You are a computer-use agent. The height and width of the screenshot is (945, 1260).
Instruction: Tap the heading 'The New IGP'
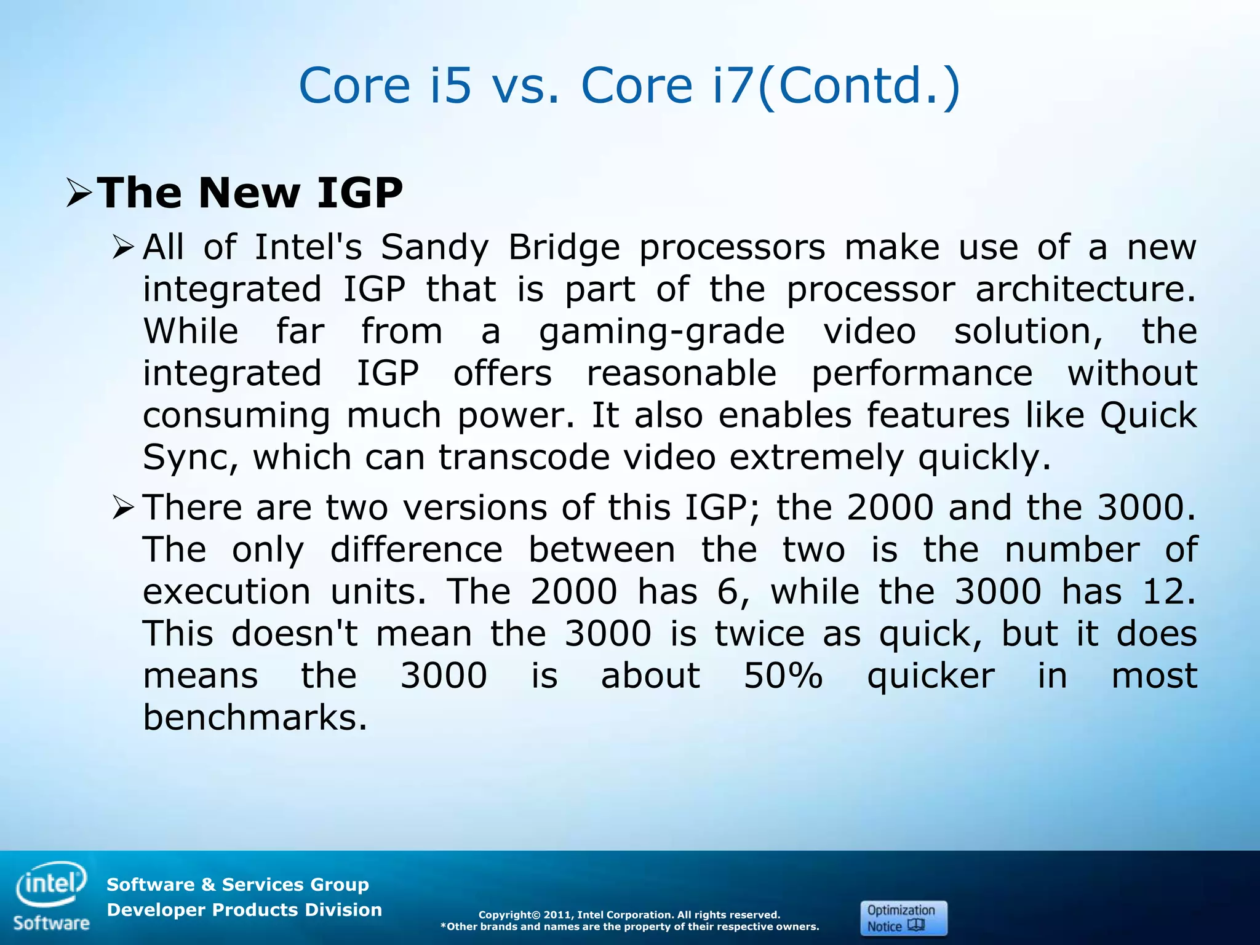[x=250, y=193]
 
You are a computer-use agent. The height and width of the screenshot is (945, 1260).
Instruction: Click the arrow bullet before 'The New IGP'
[x=79, y=193]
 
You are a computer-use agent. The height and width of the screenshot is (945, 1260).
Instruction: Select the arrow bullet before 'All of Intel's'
[x=123, y=249]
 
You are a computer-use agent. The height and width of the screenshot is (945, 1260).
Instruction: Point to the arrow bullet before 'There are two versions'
[x=123, y=509]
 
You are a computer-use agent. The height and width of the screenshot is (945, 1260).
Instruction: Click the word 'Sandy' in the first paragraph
[x=434, y=248]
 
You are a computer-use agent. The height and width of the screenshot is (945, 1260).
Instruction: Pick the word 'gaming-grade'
[x=661, y=332]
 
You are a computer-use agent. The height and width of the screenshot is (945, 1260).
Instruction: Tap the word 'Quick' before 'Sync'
[x=1148, y=416]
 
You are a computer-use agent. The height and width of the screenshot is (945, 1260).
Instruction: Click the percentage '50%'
[x=783, y=676]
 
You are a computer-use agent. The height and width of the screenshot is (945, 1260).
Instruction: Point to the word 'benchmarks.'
[x=255, y=718]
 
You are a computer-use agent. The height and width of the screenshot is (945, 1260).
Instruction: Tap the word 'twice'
[x=759, y=634]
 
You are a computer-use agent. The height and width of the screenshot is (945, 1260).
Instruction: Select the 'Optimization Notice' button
[x=903, y=918]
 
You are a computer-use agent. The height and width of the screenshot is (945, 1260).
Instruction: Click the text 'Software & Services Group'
[x=237, y=885]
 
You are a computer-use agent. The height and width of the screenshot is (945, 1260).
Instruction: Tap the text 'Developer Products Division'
[x=244, y=910]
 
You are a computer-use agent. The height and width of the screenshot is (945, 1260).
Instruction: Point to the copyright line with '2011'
[x=629, y=915]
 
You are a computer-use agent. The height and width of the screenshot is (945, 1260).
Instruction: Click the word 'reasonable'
[x=681, y=373]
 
